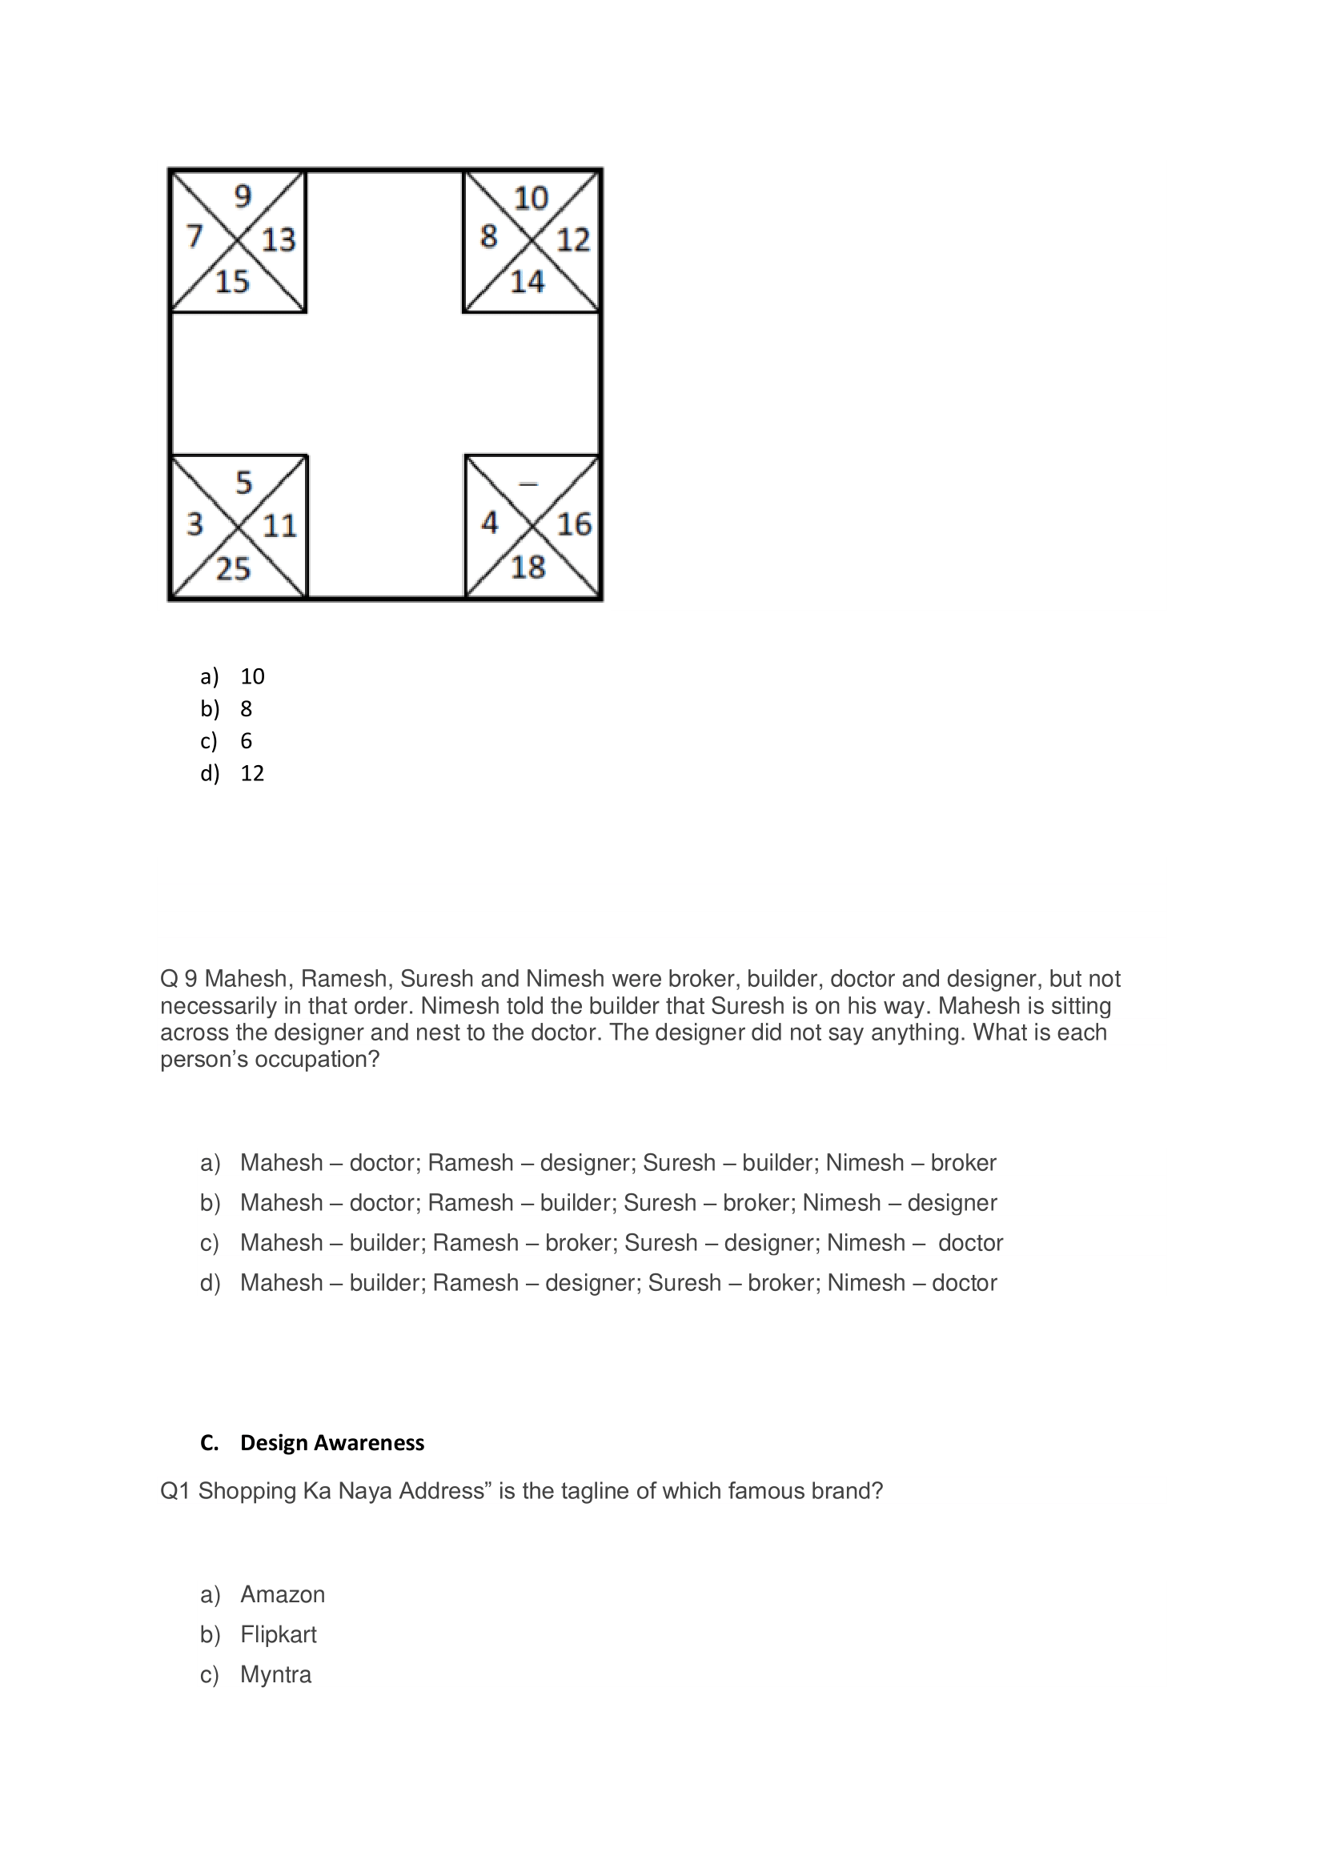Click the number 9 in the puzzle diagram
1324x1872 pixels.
[x=243, y=197]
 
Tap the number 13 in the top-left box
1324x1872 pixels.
[x=278, y=240]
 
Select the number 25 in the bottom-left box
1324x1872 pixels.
[x=232, y=568]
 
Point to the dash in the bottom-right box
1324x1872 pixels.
[x=528, y=484]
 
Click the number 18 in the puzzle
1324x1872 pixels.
[x=528, y=567]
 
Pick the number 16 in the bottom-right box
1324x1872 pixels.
[x=573, y=524]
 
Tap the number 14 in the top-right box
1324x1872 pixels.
[x=527, y=282]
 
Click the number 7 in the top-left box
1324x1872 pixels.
[x=194, y=236]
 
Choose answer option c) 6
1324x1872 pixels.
[x=246, y=740]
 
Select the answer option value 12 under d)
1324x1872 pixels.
[x=252, y=773]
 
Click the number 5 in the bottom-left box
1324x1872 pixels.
[x=244, y=483]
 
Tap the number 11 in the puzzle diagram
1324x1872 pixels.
[x=279, y=526]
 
